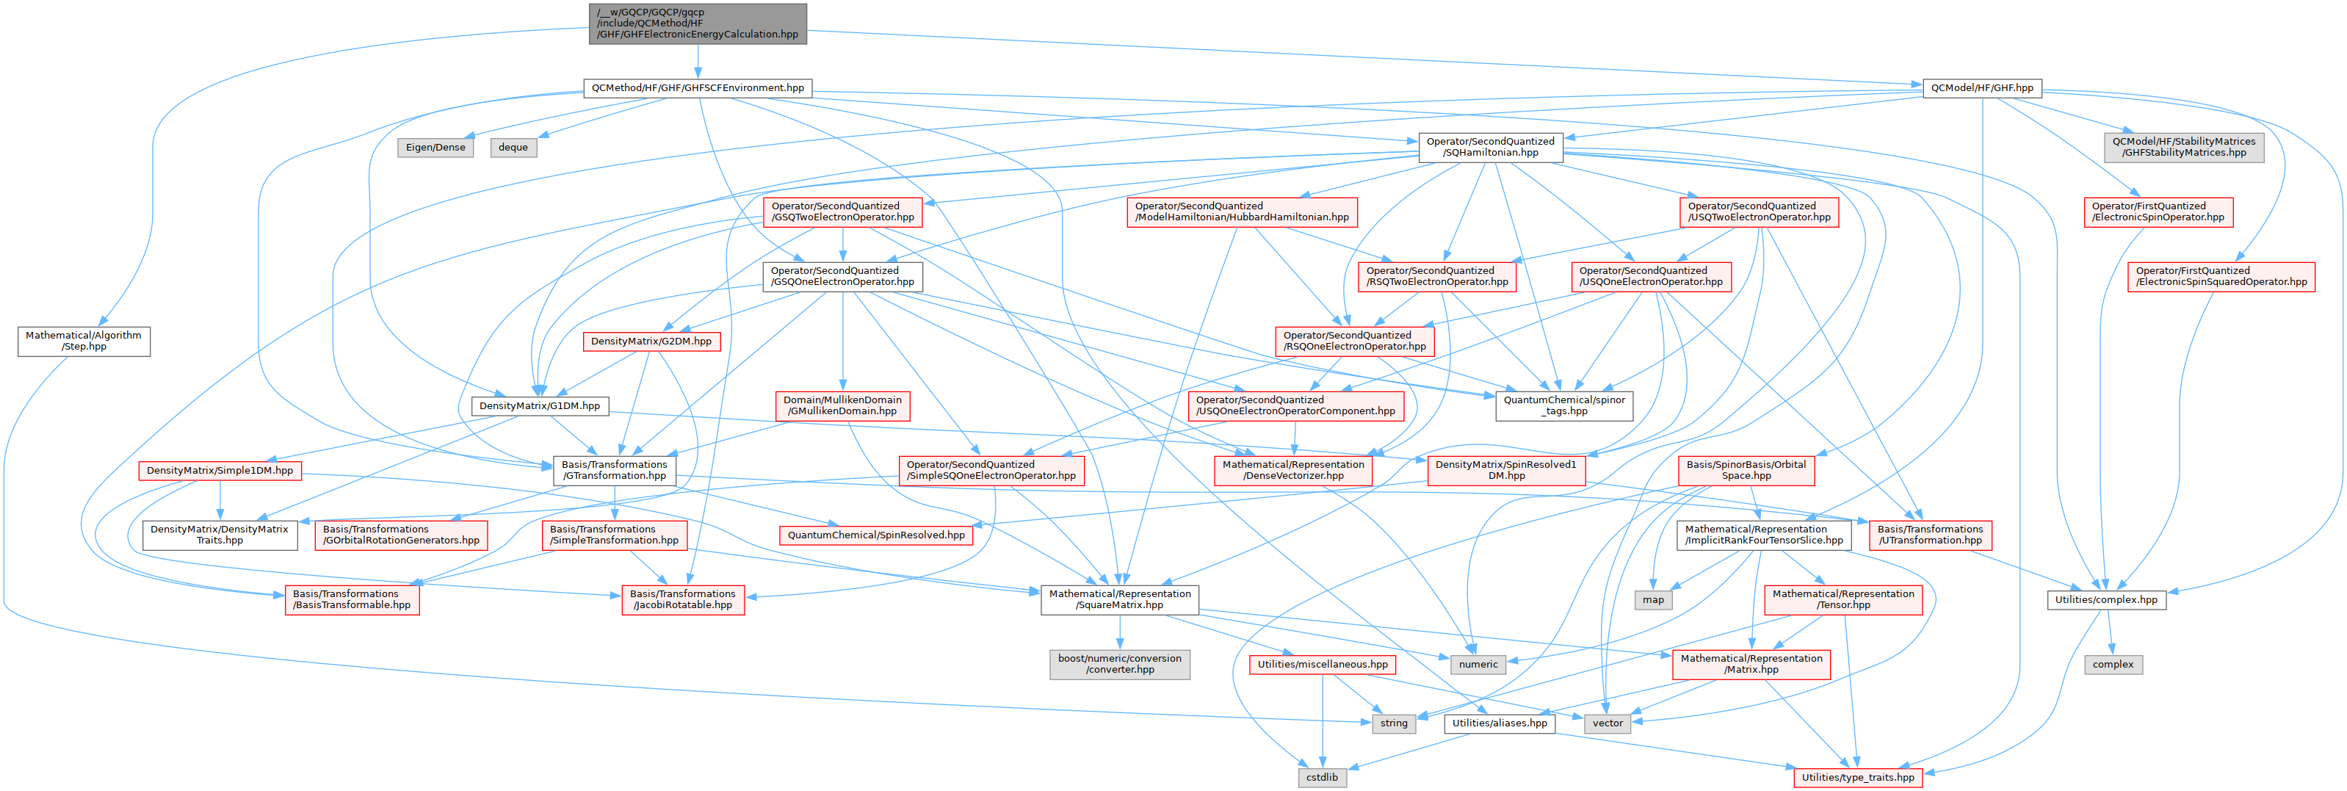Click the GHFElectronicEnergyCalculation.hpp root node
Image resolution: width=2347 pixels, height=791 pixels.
coord(697,24)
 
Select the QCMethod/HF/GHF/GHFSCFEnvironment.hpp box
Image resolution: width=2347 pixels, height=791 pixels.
coord(697,88)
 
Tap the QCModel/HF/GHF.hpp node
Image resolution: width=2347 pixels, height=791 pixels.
coord(1981,88)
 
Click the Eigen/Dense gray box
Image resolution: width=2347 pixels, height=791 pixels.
coord(435,148)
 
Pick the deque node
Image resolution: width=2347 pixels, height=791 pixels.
coord(513,148)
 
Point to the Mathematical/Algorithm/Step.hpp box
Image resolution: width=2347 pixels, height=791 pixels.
coord(84,341)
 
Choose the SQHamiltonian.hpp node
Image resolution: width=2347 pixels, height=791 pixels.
coord(1490,148)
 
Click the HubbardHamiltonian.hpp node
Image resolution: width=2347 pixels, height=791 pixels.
coord(1242,212)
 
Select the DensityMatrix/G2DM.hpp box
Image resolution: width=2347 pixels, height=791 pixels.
coord(651,342)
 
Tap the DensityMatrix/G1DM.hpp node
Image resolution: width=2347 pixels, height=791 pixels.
coord(539,406)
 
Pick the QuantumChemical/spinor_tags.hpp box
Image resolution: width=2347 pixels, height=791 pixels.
coord(1563,405)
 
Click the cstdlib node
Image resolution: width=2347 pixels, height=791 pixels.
coord(1322,777)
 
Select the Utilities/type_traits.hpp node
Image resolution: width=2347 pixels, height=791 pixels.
coord(1858,777)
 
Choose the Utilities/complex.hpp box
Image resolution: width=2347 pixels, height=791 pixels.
coord(2105,599)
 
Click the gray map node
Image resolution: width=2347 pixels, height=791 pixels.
coord(1653,599)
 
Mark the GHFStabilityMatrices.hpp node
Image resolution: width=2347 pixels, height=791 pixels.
coord(2183,148)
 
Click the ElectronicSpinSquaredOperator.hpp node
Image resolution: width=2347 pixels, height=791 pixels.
coord(2221,277)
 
